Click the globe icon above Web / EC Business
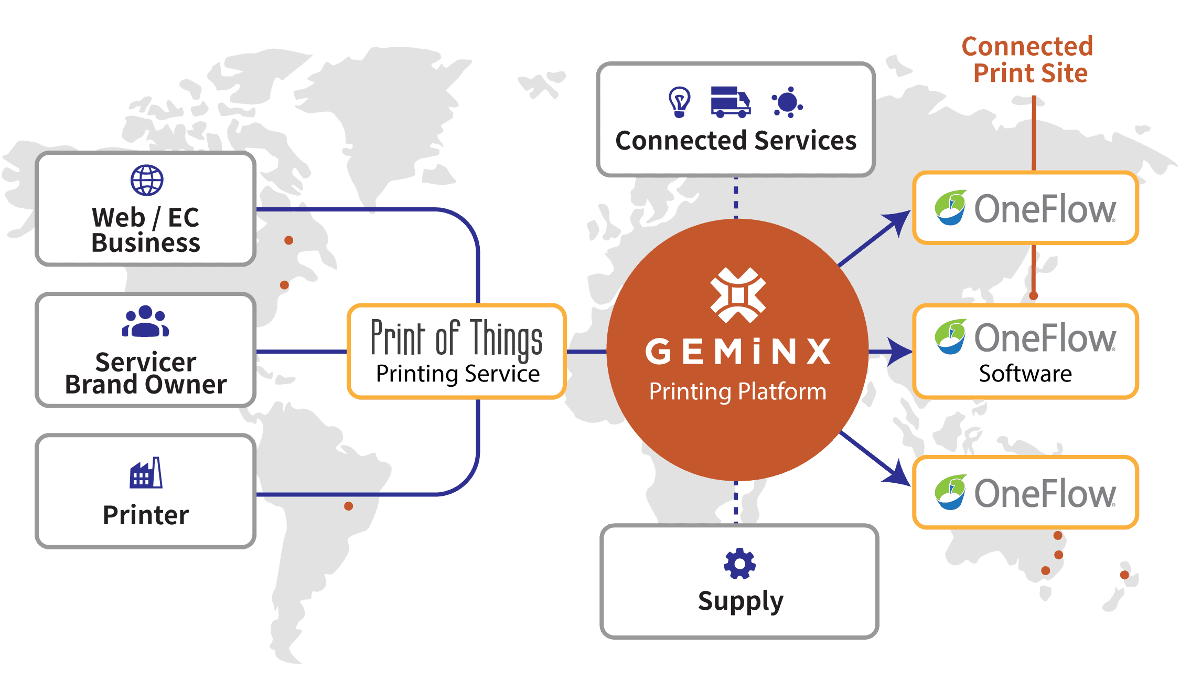(x=147, y=180)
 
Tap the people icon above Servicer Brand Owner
(x=145, y=321)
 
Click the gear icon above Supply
(x=739, y=564)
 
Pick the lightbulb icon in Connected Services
(x=679, y=102)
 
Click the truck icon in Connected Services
(x=730, y=102)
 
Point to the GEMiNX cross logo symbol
(x=738, y=295)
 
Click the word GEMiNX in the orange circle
(x=738, y=351)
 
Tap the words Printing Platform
(x=738, y=391)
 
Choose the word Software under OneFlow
(x=1025, y=374)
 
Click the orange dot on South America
(x=348, y=506)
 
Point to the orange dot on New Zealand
(x=1124, y=575)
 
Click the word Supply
(x=740, y=601)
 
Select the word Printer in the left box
(x=146, y=515)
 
